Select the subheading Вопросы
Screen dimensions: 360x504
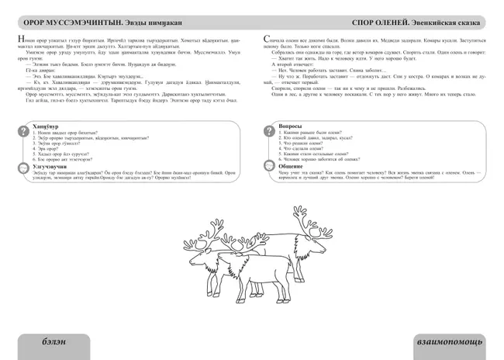(x=289, y=124)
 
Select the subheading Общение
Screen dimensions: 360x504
(x=290, y=164)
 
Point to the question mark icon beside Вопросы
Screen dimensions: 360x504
(x=269, y=128)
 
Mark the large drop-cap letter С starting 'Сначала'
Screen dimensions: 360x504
(x=268, y=39)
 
